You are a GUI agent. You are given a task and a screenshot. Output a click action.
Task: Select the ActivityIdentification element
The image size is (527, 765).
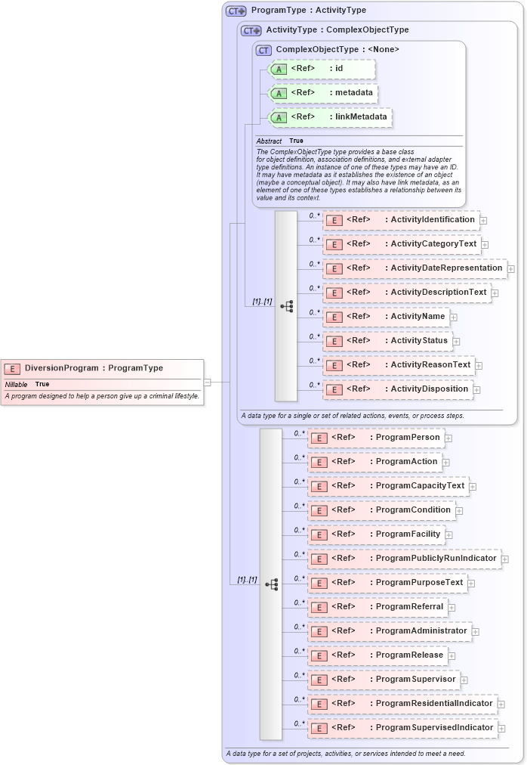click(401, 220)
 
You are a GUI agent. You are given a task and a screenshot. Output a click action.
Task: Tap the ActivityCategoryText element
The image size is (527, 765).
click(402, 244)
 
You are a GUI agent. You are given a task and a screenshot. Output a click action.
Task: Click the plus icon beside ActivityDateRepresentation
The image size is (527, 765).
click(511, 268)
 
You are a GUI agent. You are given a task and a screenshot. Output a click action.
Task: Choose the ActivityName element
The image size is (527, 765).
click(386, 317)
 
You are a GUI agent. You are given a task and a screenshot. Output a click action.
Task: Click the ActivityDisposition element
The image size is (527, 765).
click(399, 389)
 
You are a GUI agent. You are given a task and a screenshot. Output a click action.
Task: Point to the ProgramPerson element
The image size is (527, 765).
click(375, 438)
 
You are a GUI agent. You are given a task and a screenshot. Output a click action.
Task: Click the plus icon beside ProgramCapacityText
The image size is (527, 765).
click(473, 486)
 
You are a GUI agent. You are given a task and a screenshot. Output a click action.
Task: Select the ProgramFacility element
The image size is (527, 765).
click(376, 534)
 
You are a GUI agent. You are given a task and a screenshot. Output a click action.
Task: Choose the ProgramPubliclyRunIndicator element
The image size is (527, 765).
click(404, 559)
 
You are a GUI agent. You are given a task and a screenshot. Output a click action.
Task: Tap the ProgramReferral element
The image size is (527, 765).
click(378, 607)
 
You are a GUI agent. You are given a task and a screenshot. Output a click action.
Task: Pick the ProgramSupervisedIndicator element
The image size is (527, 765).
click(402, 728)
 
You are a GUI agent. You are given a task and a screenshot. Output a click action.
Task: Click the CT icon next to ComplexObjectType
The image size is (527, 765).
click(263, 50)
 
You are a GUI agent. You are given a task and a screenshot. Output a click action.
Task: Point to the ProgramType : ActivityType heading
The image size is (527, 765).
click(308, 11)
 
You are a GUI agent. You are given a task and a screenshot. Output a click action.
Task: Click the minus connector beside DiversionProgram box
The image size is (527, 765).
click(207, 382)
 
